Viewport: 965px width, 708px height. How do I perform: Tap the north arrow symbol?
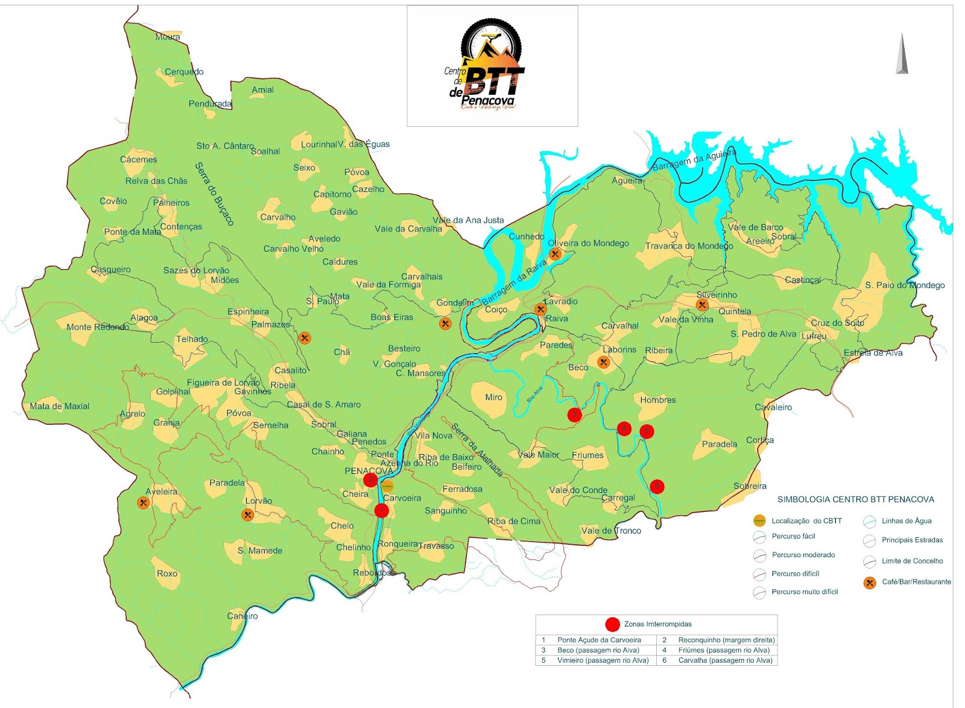902,54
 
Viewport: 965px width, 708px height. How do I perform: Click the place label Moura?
168,37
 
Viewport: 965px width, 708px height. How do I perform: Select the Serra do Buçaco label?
214,194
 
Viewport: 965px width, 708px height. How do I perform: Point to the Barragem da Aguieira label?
694,160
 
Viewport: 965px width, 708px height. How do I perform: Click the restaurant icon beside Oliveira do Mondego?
555,254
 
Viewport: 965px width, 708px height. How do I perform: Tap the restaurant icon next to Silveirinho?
701,305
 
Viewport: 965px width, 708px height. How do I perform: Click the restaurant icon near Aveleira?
143,503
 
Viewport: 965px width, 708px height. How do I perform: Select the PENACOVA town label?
369,471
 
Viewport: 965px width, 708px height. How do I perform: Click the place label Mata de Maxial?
59,406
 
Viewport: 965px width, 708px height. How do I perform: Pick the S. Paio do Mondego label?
905,285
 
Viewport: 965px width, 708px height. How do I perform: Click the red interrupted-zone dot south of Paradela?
657,486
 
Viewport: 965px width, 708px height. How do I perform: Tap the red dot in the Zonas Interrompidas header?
612,624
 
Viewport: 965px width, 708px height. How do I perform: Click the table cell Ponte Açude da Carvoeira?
599,640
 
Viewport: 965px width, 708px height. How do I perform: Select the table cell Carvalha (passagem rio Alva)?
725,660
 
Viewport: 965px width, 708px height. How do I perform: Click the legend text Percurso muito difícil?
805,592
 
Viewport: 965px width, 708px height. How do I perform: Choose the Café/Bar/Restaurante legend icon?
870,582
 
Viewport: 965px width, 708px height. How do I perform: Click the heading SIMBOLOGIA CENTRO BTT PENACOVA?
855,500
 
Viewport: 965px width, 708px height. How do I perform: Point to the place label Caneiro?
242,616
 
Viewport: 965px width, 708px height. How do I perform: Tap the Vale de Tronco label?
611,531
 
